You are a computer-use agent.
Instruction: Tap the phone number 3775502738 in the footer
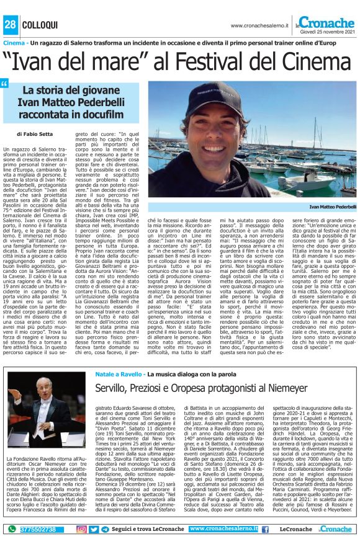(x=38, y=529)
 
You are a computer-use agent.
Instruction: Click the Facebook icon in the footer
(x=264, y=529)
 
